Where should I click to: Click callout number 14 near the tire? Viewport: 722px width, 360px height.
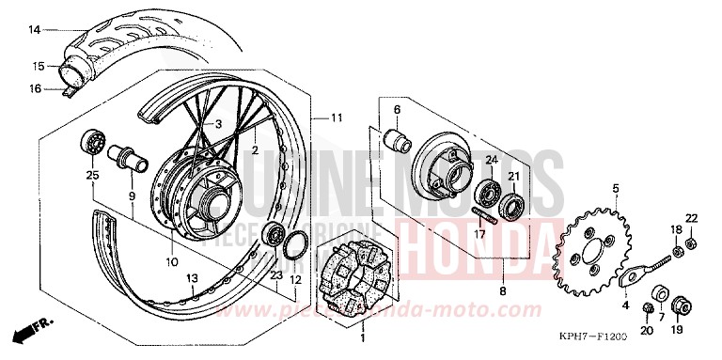[34, 30]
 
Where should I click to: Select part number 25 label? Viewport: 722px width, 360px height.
[91, 176]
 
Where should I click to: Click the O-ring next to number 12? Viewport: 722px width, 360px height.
[293, 243]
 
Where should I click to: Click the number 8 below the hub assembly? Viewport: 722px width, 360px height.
[503, 292]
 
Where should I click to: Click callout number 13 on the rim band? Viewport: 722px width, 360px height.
[191, 277]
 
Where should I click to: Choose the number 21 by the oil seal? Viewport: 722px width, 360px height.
[514, 178]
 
